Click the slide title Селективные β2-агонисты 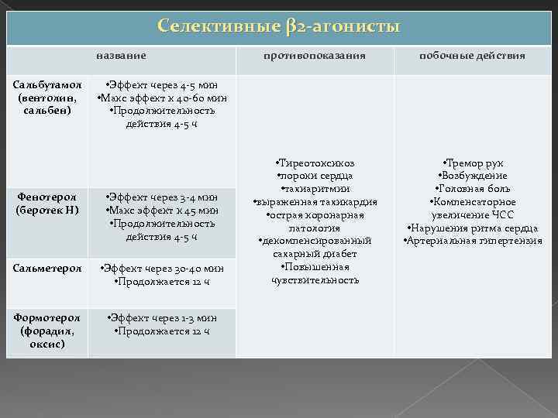(278, 26)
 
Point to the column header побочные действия (472, 56)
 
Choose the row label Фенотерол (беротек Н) (46, 204)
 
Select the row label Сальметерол (46, 268)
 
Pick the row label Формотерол (46, 318)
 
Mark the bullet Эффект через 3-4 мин (161, 197)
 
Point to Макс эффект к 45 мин (161, 210)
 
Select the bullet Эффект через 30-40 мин (161, 269)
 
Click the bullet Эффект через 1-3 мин (161, 318)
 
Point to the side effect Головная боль (472, 190)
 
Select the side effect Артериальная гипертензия (472, 241)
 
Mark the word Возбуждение (472, 176)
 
